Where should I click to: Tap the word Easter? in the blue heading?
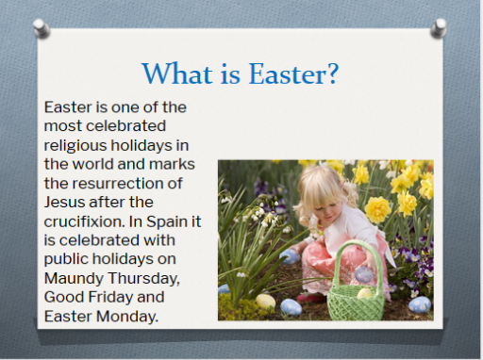(x=293, y=74)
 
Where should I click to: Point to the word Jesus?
(x=64, y=202)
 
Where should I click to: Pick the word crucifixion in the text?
(x=84, y=221)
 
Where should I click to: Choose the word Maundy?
(x=74, y=279)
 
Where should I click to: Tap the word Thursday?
(x=143, y=278)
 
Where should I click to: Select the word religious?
(x=75, y=146)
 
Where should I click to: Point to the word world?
(x=92, y=164)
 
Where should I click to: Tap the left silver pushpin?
(x=42, y=28)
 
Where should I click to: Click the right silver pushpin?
(x=439, y=28)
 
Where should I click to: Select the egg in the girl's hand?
(x=364, y=274)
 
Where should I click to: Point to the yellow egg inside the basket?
(x=365, y=293)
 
